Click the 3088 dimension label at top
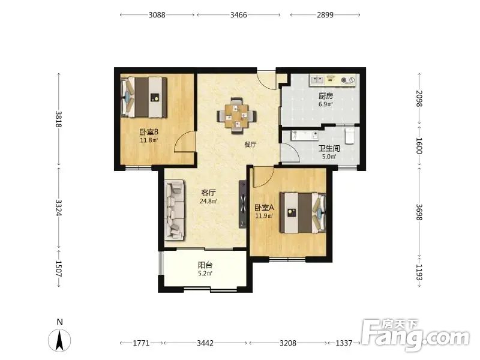157,14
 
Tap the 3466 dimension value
238,14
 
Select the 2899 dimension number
325,14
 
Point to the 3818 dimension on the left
59,119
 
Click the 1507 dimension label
59,268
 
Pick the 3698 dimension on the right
419,212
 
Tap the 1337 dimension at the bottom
344,343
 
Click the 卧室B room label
149,132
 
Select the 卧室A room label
265,208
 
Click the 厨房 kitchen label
326,96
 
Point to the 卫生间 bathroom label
329,149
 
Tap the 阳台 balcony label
205,265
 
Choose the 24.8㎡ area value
208,201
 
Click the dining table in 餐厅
236,116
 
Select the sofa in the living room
175,210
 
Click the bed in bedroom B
144,97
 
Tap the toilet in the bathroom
350,136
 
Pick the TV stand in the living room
242,204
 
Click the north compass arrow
59,340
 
